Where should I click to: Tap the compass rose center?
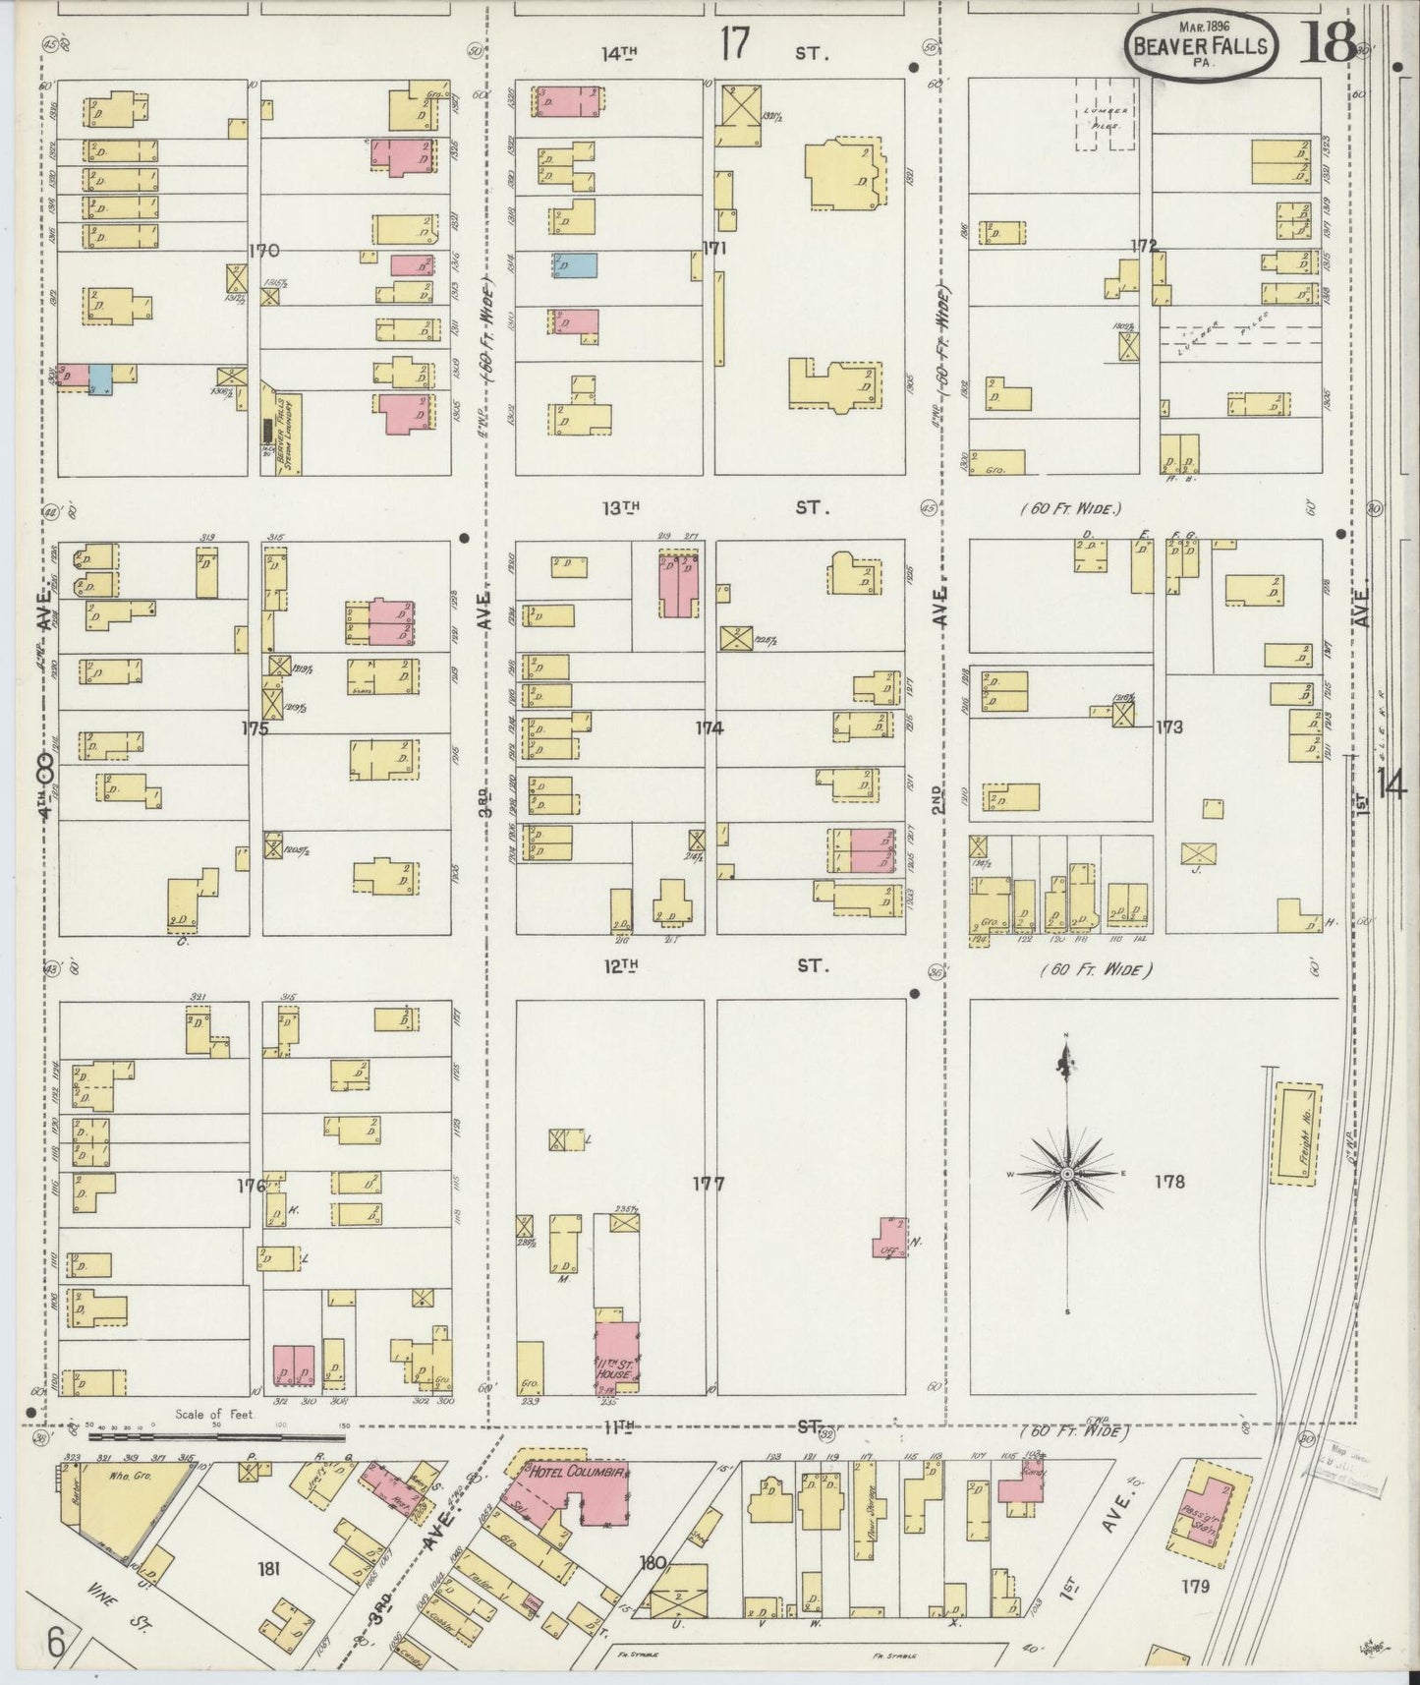(x=1067, y=1174)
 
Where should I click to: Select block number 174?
(x=710, y=728)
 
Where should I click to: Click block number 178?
(x=1171, y=1182)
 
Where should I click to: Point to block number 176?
(x=252, y=1187)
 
